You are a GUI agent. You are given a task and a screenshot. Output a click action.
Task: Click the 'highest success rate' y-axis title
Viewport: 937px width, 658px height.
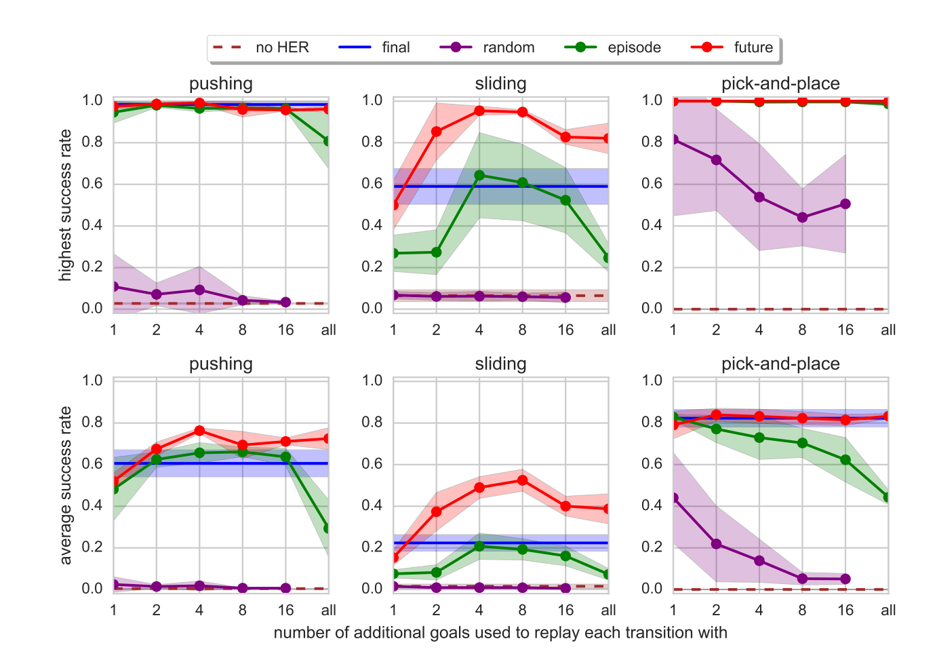pyautogui.click(x=65, y=205)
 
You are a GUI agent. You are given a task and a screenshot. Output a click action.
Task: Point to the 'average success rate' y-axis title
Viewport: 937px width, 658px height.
pyautogui.click(x=65, y=485)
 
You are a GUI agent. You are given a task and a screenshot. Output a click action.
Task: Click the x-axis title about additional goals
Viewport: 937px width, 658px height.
pyautogui.click(x=500, y=633)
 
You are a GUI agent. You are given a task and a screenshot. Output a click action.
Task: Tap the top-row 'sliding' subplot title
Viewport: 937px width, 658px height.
pyautogui.click(x=500, y=83)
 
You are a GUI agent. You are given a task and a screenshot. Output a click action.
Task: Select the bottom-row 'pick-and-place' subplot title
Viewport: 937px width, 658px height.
pyautogui.click(x=780, y=364)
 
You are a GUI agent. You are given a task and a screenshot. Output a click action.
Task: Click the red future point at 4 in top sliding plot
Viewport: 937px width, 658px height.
pyautogui.click(x=479, y=111)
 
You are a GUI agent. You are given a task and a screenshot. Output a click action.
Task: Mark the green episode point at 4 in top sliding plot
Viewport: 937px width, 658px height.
pyautogui.click(x=479, y=175)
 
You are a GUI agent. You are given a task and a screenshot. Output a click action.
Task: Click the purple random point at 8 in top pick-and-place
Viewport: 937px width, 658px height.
pyautogui.click(x=802, y=218)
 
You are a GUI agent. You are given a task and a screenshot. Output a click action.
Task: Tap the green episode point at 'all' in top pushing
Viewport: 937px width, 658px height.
pyautogui.click(x=328, y=141)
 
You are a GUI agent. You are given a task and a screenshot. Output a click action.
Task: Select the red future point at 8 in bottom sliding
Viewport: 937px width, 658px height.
pyautogui.click(x=522, y=480)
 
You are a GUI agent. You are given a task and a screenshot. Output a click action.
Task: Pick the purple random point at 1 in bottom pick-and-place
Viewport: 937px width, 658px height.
pyautogui.click(x=673, y=498)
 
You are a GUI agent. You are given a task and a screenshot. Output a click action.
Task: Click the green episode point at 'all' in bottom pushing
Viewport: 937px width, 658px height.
pyautogui.click(x=328, y=528)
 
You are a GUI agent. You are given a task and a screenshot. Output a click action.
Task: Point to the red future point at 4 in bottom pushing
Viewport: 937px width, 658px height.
pyautogui.click(x=199, y=431)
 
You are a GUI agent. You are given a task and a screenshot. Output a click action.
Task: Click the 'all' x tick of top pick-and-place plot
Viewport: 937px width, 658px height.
pyautogui.click(x=888, y=330)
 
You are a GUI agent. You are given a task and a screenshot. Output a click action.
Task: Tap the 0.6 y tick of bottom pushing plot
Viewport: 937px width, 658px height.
pyautogui.click(x=92, y=464)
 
